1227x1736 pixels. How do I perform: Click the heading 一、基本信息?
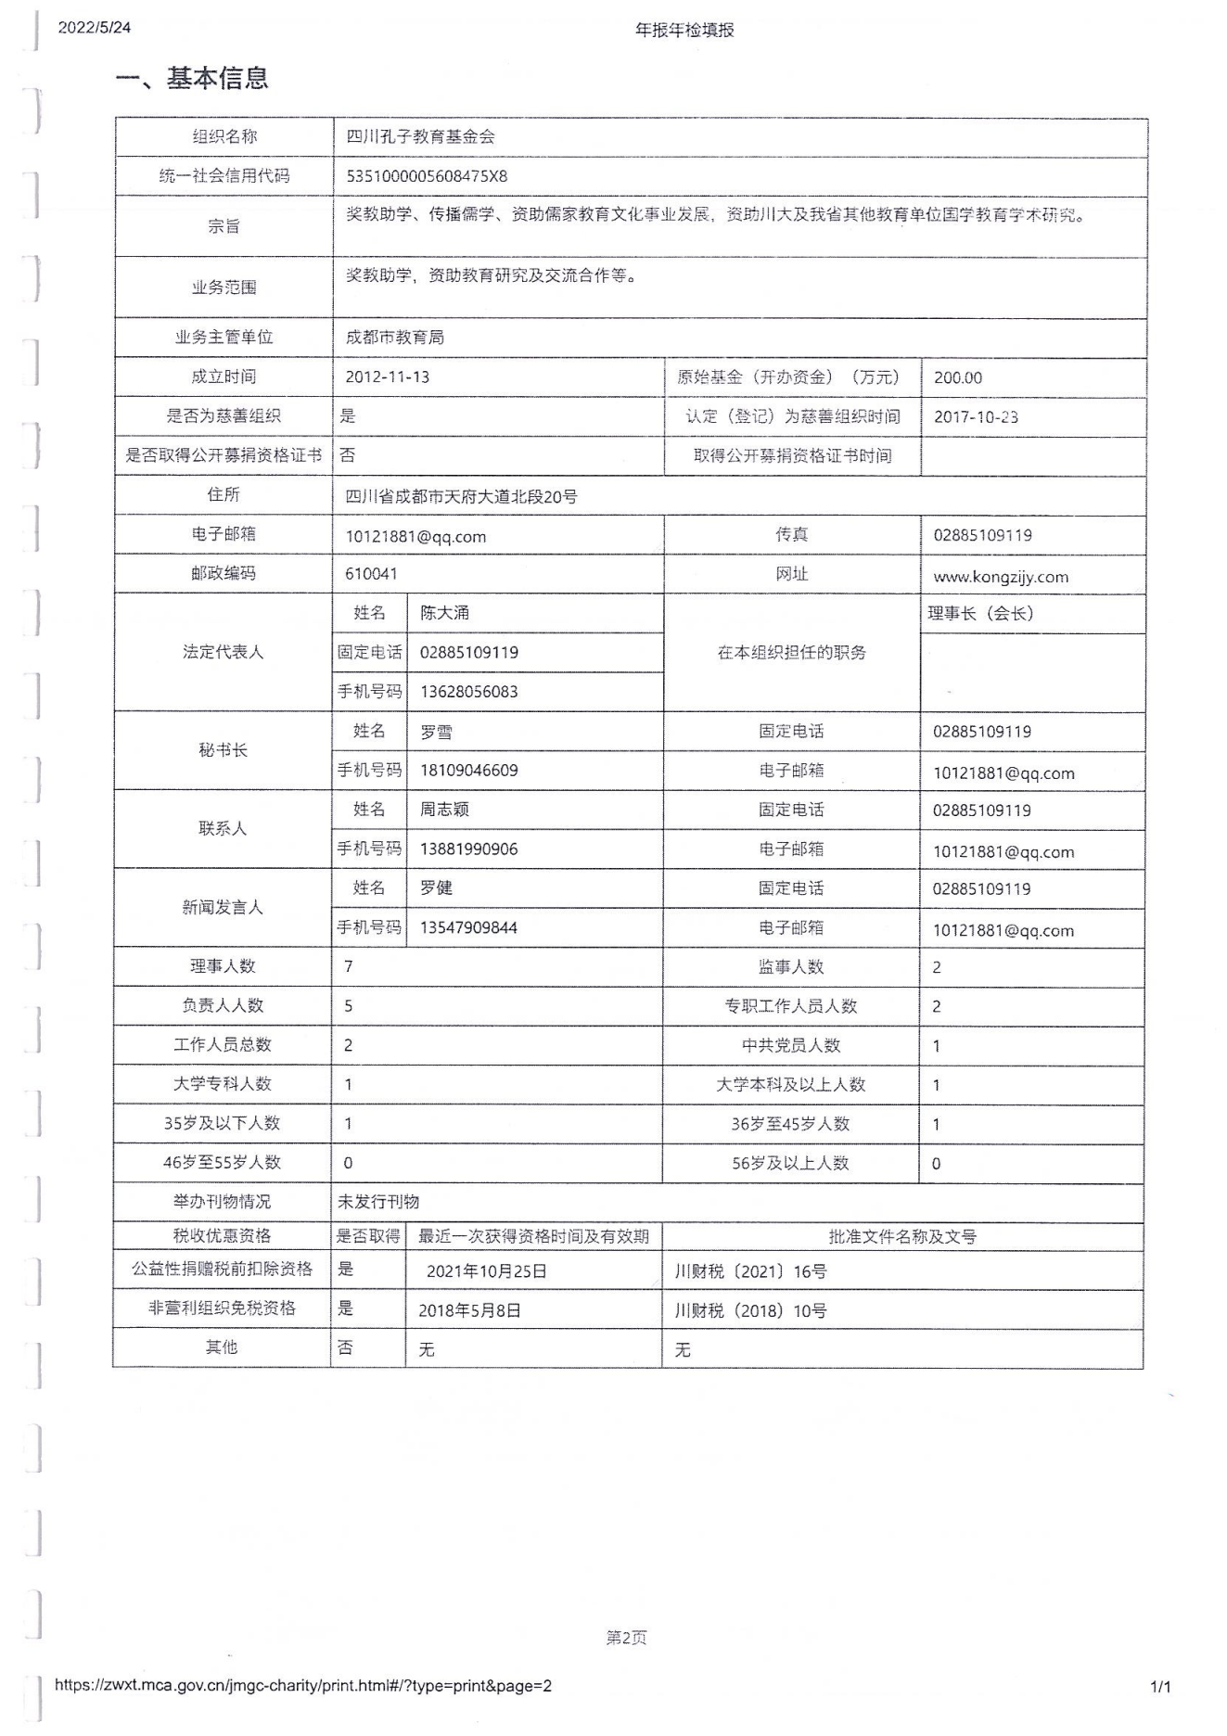tap(192, 78)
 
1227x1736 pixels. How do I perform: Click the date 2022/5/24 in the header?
tap(95, 28)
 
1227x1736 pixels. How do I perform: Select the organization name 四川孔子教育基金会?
tap(420, 137)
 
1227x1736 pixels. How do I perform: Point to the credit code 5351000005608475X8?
tap(427, 176)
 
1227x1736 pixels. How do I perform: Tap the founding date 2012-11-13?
tap(388, 377)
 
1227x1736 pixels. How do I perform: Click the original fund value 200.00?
tap(958, 377)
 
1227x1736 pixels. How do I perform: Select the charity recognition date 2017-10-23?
tap(976, 417)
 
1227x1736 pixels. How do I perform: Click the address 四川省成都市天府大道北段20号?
tap(461, 497)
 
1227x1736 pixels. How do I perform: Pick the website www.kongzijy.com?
tap(1001, 577)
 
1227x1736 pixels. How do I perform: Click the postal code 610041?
tap(371, 574)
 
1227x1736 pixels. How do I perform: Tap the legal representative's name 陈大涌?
tap(444, 613)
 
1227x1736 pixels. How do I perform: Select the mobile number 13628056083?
tap(468, 692)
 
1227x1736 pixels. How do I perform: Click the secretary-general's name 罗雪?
tap(436, 732)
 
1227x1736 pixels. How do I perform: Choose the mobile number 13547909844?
tap(468, 927)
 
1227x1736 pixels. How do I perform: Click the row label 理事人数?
tap(223, 966)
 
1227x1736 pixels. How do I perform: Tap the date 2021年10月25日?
tap(486, 1271)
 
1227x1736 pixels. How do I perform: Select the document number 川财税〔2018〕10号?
tap(750, 1311)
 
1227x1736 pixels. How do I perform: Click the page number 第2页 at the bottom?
tap(626, 1638)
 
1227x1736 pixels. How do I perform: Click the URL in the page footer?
tap(303, 1686)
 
